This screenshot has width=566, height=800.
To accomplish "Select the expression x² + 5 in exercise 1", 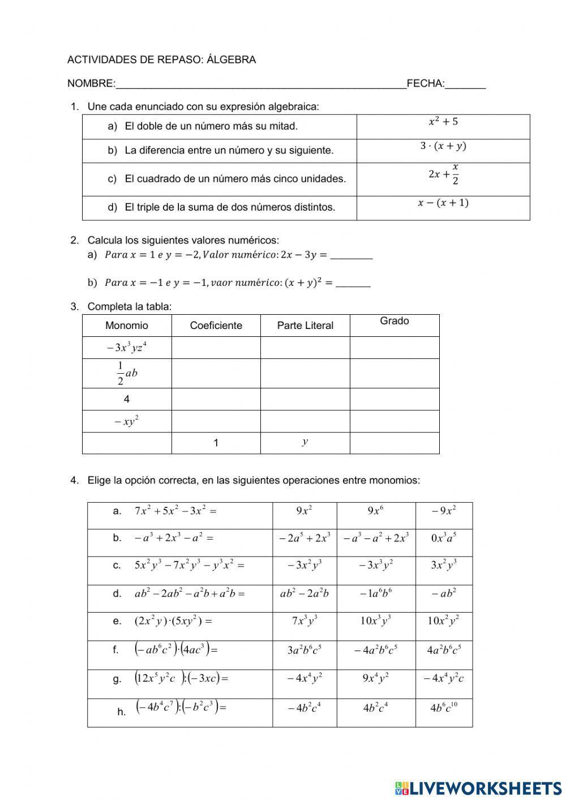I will tap(443, 121).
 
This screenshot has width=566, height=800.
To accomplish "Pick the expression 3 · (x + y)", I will tap(443, 146).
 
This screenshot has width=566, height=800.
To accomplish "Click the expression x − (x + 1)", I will tap(443, 203).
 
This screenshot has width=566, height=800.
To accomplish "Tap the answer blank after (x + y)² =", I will tap(353, 283).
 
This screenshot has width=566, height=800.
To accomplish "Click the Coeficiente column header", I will tap(216, 326).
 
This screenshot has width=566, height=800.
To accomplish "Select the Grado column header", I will tap(395, 321).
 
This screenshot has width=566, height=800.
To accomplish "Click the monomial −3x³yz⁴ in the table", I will tap(127, 347).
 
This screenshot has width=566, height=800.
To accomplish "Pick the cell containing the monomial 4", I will tap(127, 399).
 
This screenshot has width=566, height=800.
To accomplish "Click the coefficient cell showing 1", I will tap(216, 443).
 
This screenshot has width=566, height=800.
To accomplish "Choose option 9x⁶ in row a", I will tap(376, 510).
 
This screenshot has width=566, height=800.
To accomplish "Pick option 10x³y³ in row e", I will tap(376, 621).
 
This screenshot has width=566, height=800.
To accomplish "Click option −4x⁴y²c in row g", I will tap(444, 678).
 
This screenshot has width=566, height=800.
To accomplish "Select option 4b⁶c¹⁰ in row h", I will tap(444, 707).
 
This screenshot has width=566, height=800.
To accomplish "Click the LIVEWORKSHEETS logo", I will tap(478, 788).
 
